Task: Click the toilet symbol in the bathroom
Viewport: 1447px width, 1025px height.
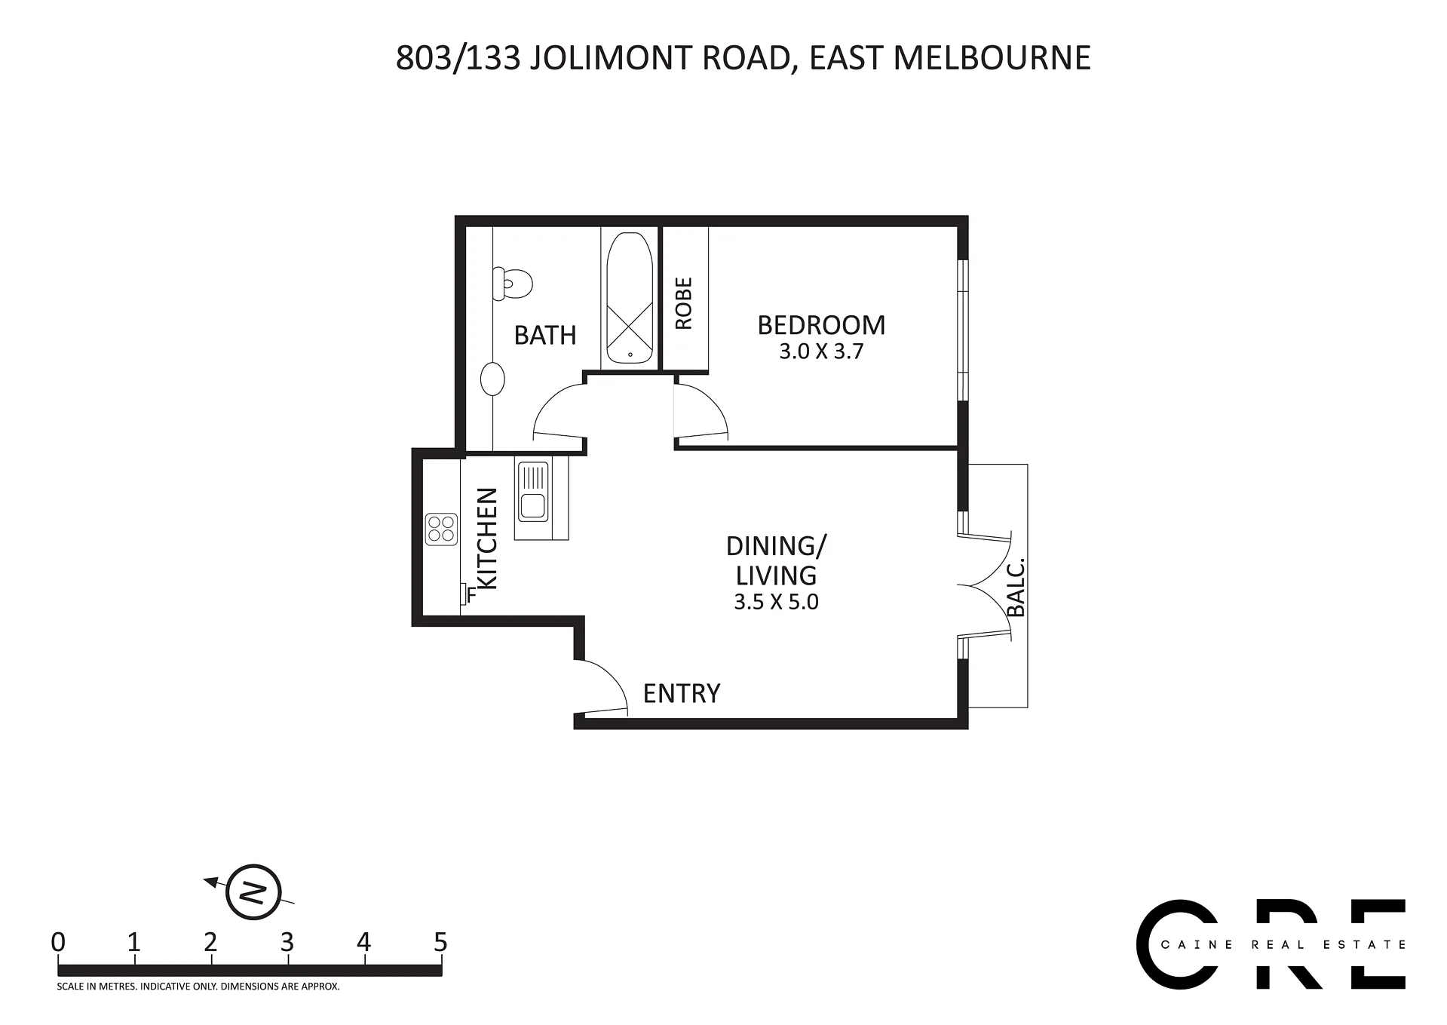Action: coord(513,284)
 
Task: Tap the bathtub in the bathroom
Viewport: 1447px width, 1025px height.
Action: coord(630,298)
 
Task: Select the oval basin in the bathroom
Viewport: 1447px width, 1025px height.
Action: coord(492,379)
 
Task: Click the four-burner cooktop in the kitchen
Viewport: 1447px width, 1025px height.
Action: coord(441,529)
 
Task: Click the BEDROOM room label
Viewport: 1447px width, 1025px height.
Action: coord(821,325)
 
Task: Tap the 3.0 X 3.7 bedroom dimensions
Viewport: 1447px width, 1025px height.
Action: coord(821,351)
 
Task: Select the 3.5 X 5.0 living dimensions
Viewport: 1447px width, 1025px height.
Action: coord(776,602)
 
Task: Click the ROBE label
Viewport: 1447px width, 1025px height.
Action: coord(684,303)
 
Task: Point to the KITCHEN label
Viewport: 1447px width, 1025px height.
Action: coord(488,539)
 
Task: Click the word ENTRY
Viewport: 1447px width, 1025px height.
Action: coord(682,693)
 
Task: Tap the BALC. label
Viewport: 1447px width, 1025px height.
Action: coord(1016,587)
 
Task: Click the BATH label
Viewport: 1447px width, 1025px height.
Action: coord(545,335)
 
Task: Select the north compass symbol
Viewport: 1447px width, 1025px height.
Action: coord(253,892)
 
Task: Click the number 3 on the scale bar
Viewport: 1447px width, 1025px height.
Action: coord(287,942)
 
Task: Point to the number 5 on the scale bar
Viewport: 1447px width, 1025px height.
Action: coord(440,942)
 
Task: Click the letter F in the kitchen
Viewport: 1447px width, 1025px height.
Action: coord(471,595)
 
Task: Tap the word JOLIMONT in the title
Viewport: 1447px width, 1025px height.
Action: coord(612,57)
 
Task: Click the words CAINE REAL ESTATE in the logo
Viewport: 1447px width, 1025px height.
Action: coord(1283,944)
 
